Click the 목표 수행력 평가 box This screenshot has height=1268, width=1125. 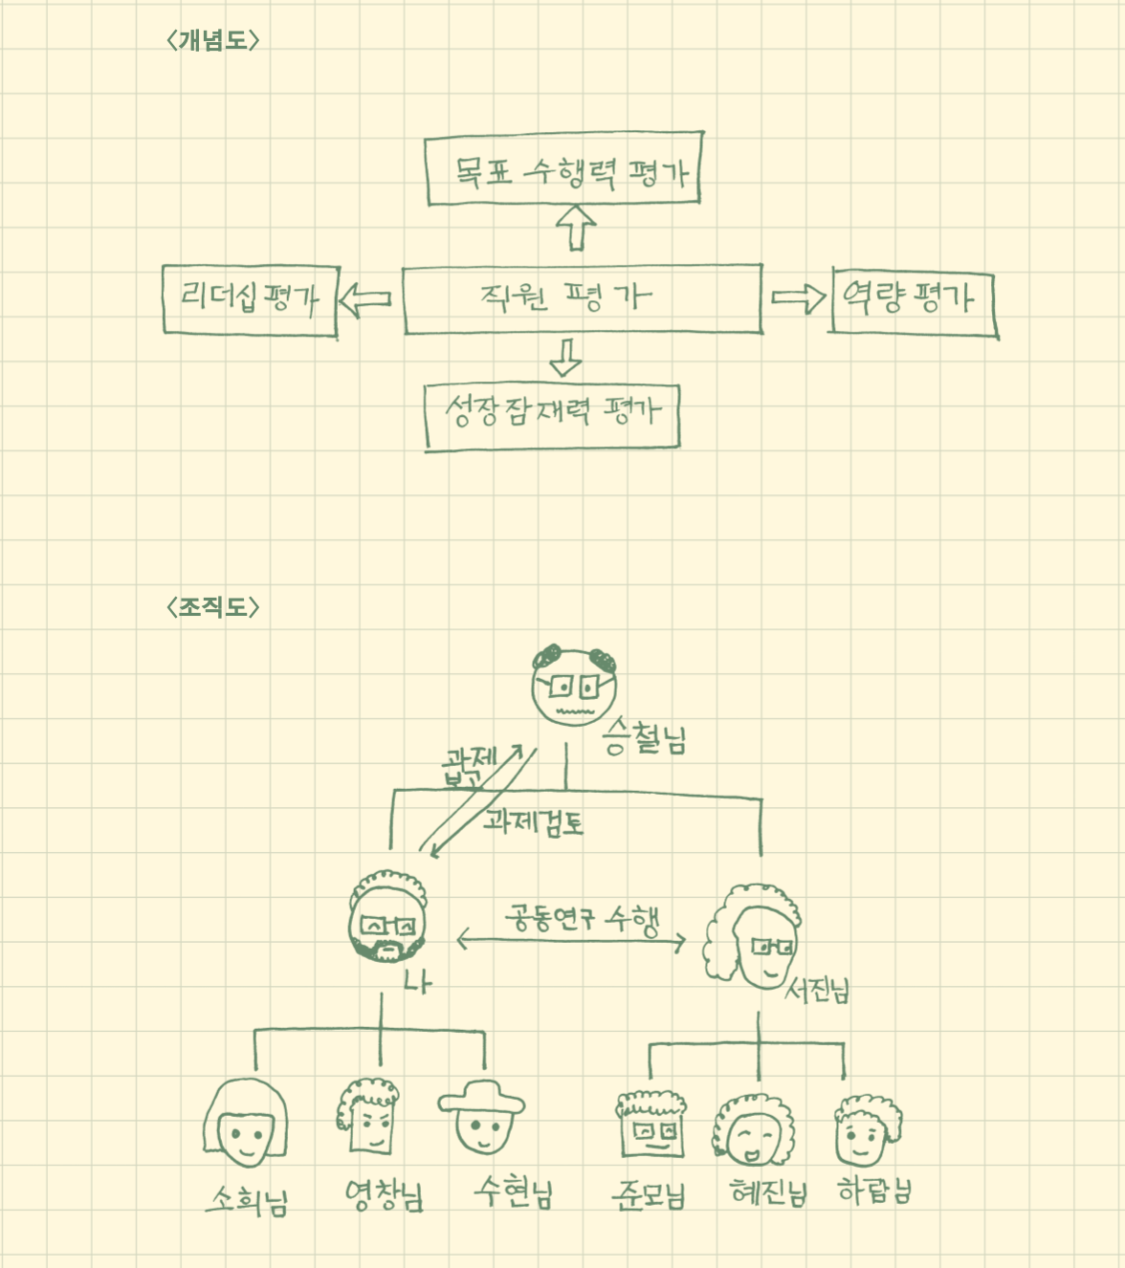tap(564, 169)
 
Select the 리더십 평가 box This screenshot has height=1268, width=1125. tap(251, 299)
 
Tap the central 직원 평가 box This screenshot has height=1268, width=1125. tap(583, 299)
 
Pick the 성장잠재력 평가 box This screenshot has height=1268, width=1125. tap(552, 415)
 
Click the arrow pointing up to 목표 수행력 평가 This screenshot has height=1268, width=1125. tap(576, 228)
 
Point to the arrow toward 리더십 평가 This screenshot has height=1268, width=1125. tap(365, 299)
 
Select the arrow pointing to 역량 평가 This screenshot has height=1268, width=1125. tap(798, 298)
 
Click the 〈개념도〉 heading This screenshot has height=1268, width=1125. tap(213, 40)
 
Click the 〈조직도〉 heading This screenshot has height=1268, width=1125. tap(213, 607)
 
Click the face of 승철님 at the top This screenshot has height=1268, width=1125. tap(574, 686)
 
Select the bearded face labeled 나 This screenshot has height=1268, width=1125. tap(386, 918)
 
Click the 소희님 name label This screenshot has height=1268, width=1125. tap(247, 1198)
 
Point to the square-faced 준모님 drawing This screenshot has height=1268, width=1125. tap(651, 1128)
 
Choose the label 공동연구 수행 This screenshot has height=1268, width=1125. tap(582, 919)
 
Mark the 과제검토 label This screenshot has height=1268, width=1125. tap(533, 820)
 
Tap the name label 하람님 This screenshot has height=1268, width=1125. tap(874, 1191)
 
